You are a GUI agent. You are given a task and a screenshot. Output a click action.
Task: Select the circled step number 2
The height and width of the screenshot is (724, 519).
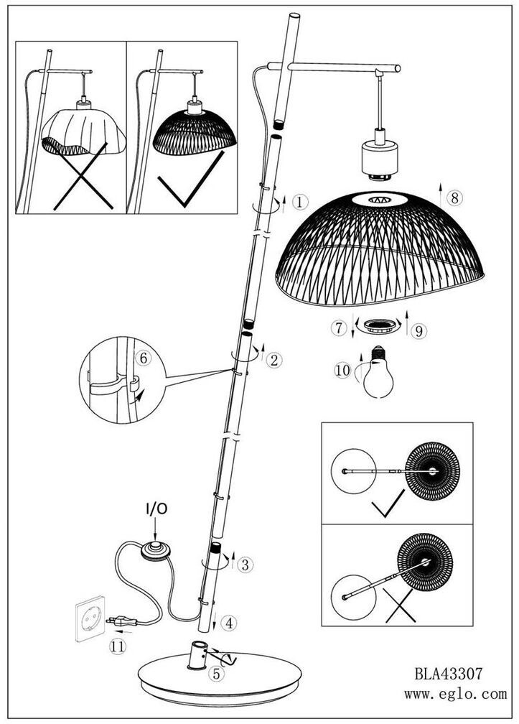pyautogui.click(x=273, y=360)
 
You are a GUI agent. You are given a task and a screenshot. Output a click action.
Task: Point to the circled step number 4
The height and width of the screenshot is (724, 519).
pyautogui.click(x=228, y=623)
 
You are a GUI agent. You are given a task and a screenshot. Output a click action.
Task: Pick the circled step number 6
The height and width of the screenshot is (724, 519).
pyautogui.click(x=142, y=357)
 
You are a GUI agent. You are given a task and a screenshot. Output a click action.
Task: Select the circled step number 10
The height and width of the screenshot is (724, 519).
pyautogui.click(x=344, y=371)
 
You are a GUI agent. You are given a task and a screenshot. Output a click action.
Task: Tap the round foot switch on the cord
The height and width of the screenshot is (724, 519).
pyautogui.click(x=155, y=549)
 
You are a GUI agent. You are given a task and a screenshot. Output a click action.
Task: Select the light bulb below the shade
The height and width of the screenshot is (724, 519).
pyautogui.click(x=378, y=373)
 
